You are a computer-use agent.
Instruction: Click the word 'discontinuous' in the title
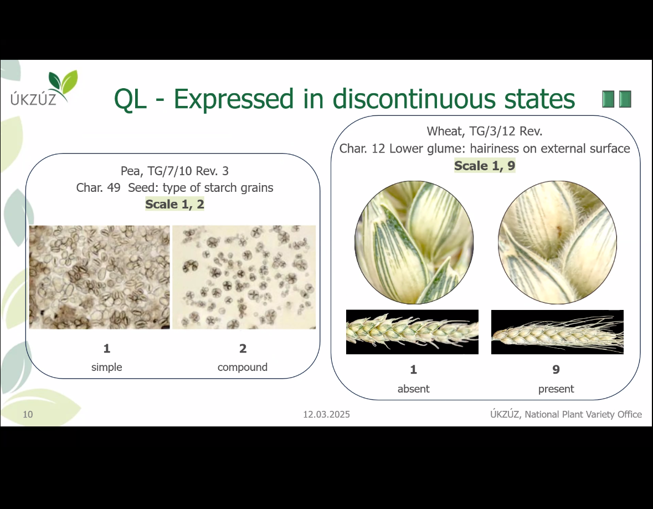[x=415, y=99]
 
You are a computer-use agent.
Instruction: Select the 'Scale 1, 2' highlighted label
[x=174, y=204]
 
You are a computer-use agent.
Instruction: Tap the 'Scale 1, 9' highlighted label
[x=485, y=166]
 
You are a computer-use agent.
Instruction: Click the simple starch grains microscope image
[x=100, y=277]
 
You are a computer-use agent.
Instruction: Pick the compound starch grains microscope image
[x=244, y=277]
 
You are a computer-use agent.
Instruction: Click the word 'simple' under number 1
[x=106, y=367]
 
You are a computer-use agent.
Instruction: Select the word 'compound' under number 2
[x=243, y=367]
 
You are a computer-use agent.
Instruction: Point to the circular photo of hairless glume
[x=414, y=242]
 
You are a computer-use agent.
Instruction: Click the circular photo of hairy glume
[x=557, y=242]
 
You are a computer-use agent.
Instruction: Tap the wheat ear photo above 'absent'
[x=412, y=332]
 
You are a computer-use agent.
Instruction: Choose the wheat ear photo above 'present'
[x=557, y=332]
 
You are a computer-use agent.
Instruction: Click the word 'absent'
[x=414, y=389]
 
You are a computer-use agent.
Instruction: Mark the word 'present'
[x=556, y=389]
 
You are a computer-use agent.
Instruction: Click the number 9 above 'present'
[x=556, y=369]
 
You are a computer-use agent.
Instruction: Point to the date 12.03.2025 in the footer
[x=327, y=414]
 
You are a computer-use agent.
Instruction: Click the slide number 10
[x=28, y=414]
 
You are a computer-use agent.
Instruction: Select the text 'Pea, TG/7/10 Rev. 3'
[x=174, y=171]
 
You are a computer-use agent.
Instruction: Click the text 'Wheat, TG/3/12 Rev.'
[x=485, y=131]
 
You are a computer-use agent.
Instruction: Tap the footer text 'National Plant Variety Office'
[x=583, y=414]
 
